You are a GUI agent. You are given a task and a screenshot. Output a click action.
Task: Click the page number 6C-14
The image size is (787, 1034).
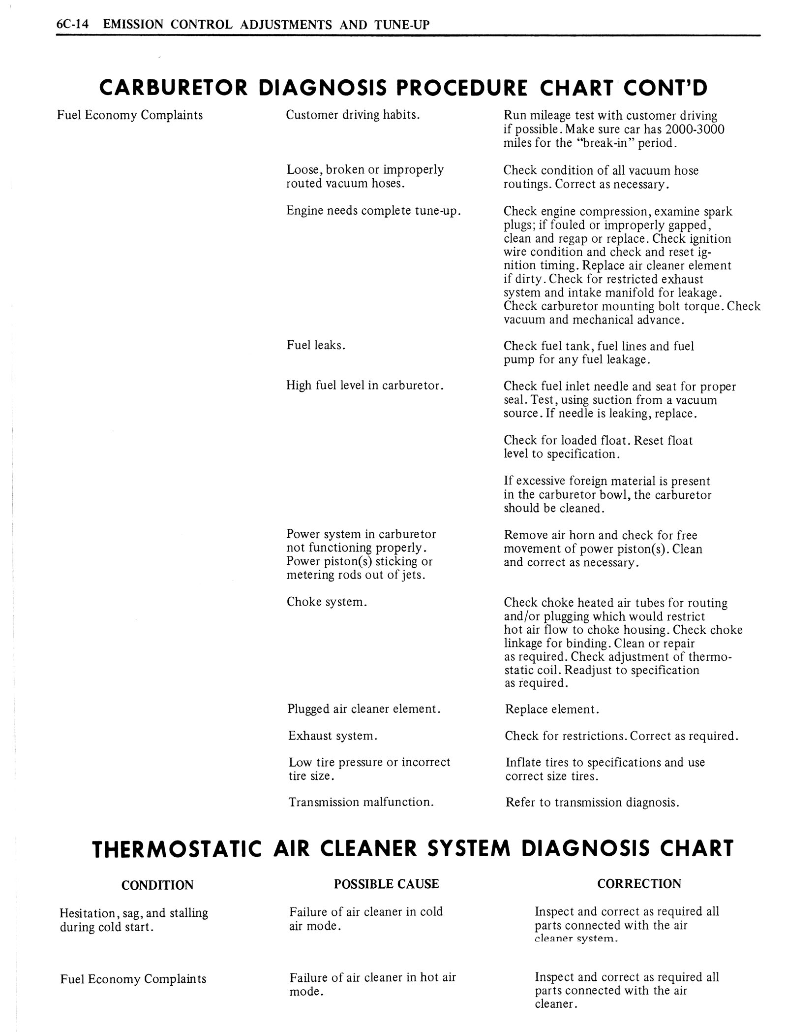(72, 24)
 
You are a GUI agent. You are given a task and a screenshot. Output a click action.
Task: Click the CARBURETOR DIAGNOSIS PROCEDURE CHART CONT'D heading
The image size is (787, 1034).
(403, 88)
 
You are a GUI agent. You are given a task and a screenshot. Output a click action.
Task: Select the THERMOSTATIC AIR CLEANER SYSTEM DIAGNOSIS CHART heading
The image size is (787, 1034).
(412, 848)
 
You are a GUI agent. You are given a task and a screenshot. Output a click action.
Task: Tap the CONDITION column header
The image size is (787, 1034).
(157, 885)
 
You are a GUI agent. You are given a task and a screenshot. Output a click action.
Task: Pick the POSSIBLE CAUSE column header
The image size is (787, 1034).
(386, 884)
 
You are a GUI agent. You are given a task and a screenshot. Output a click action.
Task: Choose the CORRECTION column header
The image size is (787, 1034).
(639, 884)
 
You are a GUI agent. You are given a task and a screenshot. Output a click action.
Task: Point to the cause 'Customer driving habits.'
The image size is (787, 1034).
(353, 115)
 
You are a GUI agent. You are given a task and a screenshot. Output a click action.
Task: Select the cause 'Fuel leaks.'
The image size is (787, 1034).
(316, 346)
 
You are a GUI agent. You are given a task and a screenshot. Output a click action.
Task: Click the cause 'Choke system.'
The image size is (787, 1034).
(327, 602)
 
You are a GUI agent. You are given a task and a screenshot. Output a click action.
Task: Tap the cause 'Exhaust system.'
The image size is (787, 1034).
(333, 736)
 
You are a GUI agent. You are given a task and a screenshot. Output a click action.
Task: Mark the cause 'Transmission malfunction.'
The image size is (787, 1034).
(361, 802)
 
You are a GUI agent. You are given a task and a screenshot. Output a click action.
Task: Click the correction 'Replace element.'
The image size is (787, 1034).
(552, 710)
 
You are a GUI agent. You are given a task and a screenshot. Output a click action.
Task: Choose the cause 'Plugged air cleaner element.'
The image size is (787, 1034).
(363, 709)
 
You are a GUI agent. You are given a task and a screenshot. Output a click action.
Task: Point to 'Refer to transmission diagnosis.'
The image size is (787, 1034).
(592, 803)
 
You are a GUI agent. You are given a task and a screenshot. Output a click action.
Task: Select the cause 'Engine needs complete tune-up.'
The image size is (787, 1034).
(374, 211)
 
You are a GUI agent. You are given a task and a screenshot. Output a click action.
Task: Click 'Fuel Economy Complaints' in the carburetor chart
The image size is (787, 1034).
(130, 115)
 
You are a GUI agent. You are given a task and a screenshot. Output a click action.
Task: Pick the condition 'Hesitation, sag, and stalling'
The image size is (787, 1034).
(133, 913)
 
